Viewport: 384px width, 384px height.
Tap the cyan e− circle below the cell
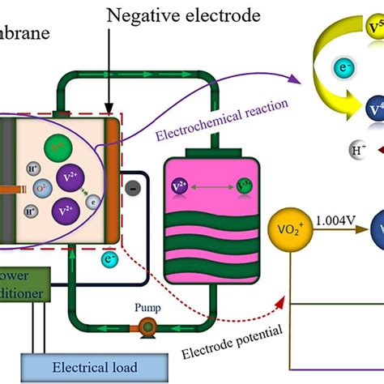[x=108, y=237]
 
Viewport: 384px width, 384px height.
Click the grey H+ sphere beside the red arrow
[x=336, y=148]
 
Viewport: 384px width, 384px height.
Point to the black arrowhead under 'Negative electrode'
[x=108, y=100]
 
